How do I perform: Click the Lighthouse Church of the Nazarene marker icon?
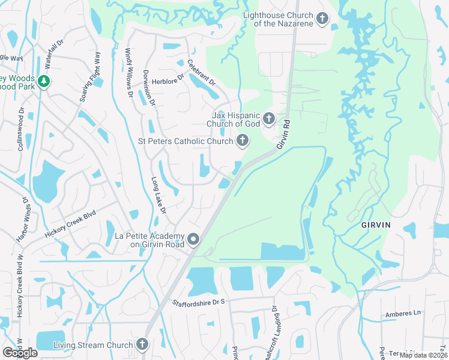[x=322, y=19]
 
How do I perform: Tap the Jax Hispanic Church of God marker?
[x=268, y=118]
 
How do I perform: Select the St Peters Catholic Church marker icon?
[x=243, y=141]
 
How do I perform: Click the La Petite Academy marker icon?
[x=193, y=239]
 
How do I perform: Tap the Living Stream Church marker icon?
[x=142, y=344]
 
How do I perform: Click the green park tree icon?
[x=43, y=81]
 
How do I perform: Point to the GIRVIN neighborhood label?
[x=376, y=224]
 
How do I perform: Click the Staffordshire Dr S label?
[x=198, y=301]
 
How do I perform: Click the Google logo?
[x=20, y=353]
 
